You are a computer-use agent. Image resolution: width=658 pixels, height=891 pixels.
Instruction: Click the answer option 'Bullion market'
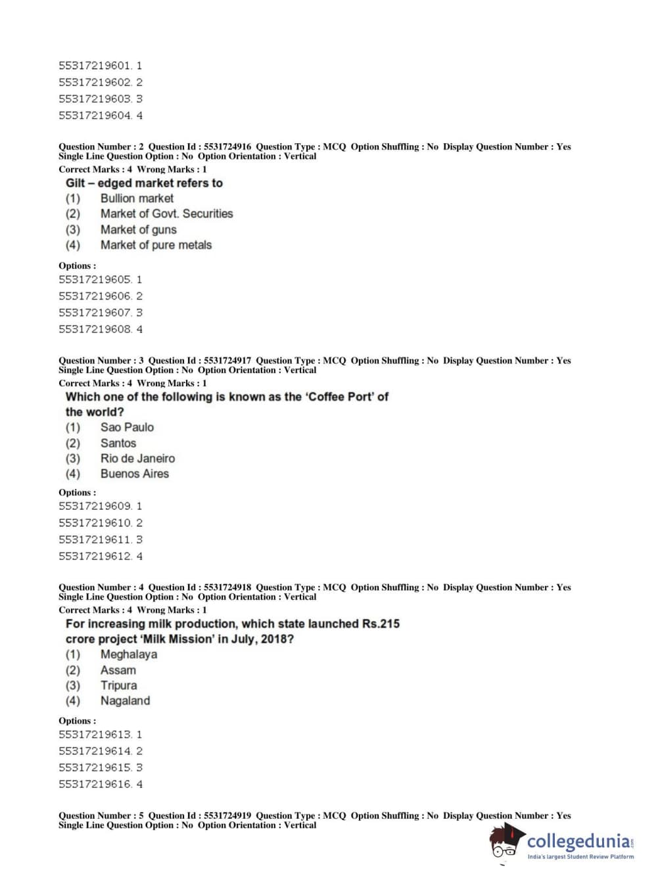pos(137,198)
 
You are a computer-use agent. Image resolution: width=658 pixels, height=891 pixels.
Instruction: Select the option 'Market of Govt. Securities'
pos(166,214)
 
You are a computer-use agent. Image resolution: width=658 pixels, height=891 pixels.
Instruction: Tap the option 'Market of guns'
pos(138,229)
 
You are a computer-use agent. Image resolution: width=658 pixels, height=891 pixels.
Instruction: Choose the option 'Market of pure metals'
pos(156,245)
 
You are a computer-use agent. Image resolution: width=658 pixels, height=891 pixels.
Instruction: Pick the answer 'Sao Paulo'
pos(127,427)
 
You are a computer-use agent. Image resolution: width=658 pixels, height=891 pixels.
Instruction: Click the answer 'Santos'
pos(118,443)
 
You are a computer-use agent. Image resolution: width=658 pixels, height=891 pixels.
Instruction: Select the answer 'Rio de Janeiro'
pos(137,459)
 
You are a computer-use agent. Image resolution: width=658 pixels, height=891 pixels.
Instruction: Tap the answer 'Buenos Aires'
pos(134,474)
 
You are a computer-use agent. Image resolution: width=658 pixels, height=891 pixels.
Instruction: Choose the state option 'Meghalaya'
pos(129,654)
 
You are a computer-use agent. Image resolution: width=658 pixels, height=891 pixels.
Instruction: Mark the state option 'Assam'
pos(118,670)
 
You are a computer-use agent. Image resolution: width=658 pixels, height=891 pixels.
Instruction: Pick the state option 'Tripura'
pos(118,685)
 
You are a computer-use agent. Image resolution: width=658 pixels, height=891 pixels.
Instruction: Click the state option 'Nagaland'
pos(125,701)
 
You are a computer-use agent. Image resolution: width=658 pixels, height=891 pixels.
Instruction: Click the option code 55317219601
pos(95,66)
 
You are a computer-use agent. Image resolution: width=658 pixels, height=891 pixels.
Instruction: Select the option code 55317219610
pos(95,523)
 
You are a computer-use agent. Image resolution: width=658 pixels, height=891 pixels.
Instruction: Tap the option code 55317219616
pos(95,784)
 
